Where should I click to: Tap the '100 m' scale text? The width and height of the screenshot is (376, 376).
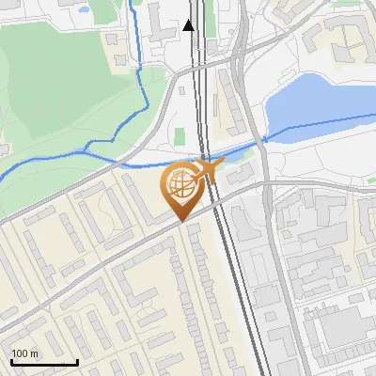point(25,353)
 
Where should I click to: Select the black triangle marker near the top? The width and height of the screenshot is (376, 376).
point(189,25)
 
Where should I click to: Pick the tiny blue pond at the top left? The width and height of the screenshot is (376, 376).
point(83,10)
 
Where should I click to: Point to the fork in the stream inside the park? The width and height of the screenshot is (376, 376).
point(89,146)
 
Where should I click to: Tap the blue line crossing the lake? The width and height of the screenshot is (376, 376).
point(320,123)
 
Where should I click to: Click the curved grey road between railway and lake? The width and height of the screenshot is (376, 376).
point(254,103)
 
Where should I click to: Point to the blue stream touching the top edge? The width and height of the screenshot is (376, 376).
point(131,9)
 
